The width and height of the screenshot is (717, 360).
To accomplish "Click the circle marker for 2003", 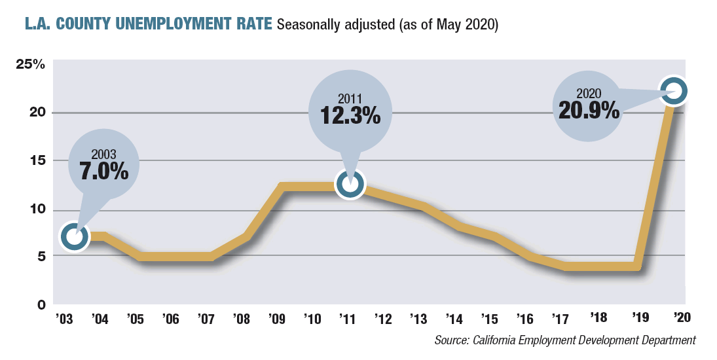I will click(x=75, y=237).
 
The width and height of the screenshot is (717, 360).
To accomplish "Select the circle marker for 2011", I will click(x=350, y=185).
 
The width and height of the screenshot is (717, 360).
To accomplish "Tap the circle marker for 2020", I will click(x=674, y=92).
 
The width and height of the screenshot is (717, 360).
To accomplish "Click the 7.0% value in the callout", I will click(x=104, y=171).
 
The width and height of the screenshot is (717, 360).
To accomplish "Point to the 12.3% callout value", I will click(x=350, y=116).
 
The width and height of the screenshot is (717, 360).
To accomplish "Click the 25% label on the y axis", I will click(x=31, y=65).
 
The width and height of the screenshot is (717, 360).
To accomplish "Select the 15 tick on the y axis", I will click(x=35, y=161).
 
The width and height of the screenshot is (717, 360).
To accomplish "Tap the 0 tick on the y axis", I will click(x=41, y=304).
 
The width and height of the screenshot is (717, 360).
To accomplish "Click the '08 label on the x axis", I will click(x=241, y=319).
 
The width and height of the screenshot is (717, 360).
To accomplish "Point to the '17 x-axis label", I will click(x=560, y=319).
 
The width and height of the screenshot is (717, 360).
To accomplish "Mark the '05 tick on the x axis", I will click(x=134, y=319).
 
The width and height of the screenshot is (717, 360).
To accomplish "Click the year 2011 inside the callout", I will click(x=350, y=99).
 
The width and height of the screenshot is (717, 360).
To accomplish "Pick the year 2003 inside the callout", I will click(x=104, y=155).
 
